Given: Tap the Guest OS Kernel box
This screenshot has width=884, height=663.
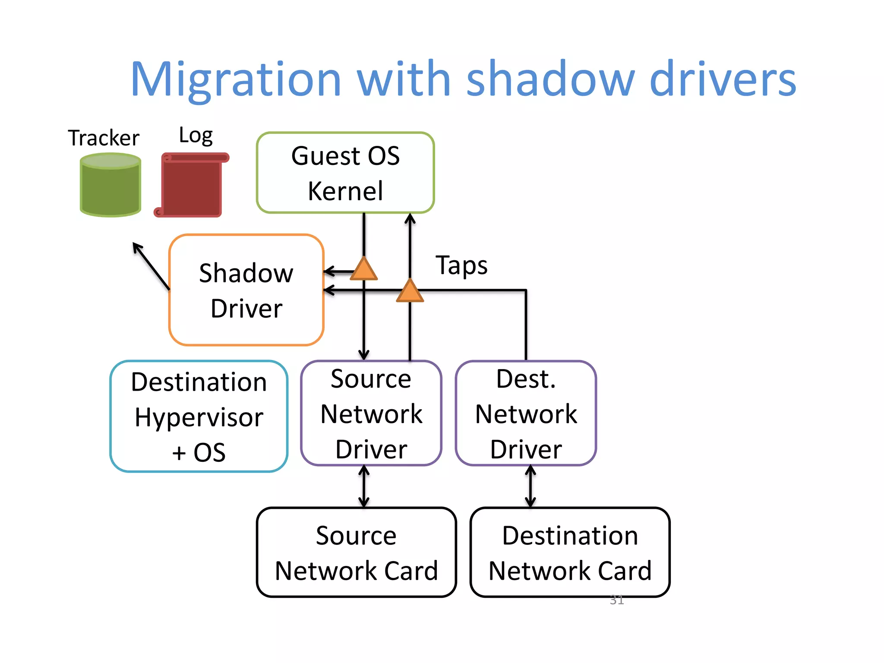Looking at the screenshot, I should tap(345, 173).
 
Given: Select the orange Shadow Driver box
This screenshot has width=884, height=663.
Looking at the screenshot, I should tap(246, 290).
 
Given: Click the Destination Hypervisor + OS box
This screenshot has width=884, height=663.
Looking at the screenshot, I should tap(199, 417).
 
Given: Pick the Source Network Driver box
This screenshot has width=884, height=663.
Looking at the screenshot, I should tap(371, 414).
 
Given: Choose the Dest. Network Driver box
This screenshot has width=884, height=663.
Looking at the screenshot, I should tap(526, 414).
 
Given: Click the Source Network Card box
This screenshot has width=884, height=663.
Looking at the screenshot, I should tap(356, 552).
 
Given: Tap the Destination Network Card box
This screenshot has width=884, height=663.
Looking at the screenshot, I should tap(570, 552).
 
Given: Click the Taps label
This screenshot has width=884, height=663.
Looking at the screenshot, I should tap(461, 265).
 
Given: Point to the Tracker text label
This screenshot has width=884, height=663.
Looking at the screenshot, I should tap(104, 138).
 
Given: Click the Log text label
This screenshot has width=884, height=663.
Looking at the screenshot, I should tap(196, 136).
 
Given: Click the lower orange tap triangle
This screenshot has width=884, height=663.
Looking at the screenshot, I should tap(410, 291).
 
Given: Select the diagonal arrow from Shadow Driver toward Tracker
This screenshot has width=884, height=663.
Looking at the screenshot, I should tap(151, 265).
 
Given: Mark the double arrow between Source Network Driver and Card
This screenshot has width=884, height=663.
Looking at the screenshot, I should tap(364, 486).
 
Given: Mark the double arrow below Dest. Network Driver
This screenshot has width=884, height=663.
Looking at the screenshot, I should tap(530, 486).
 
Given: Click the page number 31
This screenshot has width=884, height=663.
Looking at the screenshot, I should tap(617, 600).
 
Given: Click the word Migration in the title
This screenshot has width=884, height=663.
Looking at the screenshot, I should tap(236, 79).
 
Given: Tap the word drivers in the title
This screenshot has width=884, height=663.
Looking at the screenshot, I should tap(723, 79).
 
